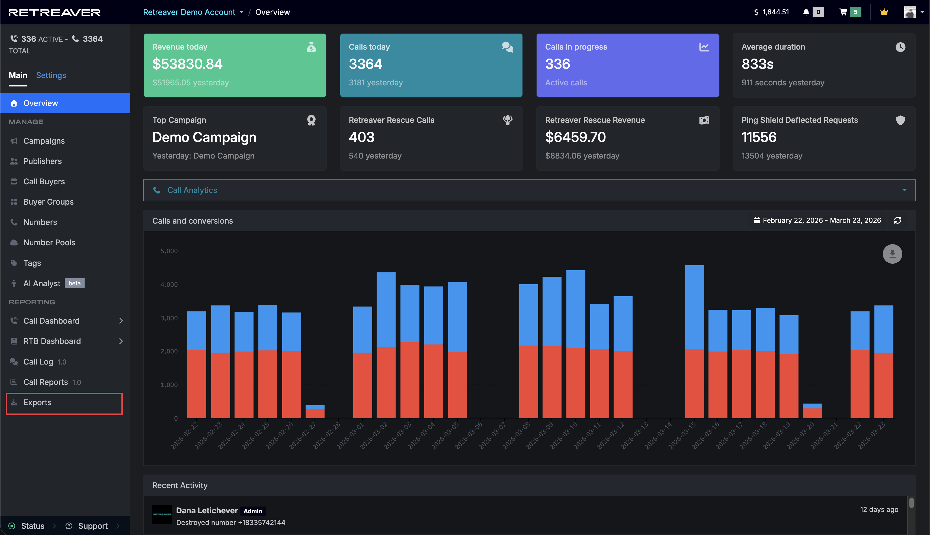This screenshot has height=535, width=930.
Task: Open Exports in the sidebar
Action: point(37,402)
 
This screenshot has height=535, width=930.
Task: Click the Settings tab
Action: point(51,75)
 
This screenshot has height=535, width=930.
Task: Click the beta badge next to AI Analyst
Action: point(75,283)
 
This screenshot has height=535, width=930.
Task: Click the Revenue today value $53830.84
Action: point(187,64)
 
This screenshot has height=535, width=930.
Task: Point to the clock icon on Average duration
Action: point(900,47)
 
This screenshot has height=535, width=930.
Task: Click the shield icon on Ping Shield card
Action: point(900,120)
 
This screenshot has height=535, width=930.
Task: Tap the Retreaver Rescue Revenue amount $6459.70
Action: point(575,137)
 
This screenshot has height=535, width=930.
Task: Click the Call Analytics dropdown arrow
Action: point(904,190)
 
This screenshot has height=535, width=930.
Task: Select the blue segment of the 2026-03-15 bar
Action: point(694,307)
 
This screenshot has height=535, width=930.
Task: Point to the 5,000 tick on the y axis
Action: point(169,251)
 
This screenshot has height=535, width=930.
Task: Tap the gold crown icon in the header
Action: point(884,12)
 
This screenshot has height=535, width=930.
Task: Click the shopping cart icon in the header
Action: point(843,12)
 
